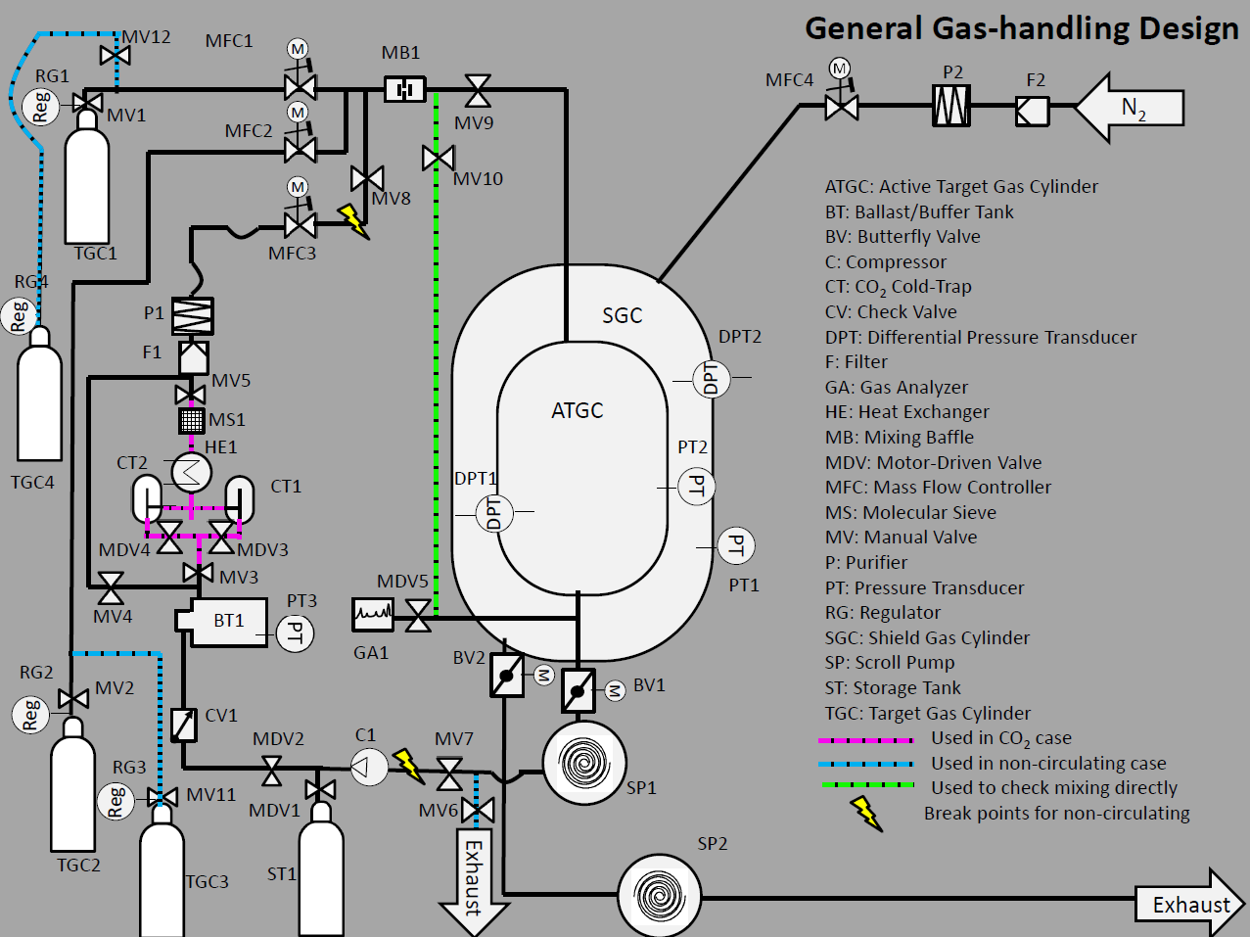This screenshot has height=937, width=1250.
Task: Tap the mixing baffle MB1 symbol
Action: [403, 90]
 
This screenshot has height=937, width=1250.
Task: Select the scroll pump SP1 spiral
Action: [584, 763]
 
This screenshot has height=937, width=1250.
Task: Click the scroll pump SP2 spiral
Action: [659, 894]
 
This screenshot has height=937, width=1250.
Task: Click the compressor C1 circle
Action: [370, 766]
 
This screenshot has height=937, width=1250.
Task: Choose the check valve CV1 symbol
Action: [183, 725]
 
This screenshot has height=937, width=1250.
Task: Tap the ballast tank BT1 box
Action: [227, 622]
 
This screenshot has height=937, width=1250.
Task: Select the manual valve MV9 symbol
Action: [478, 91]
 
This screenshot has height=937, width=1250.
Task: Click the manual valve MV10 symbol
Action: [438, 158]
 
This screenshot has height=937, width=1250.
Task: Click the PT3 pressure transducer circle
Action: [295, 634]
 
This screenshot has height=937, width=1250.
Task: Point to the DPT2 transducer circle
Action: [710, 378]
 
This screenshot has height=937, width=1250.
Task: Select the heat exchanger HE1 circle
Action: [191, 472]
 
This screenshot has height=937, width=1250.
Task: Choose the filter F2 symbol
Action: [1032, 112]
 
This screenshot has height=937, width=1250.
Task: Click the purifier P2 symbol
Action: [951, 105]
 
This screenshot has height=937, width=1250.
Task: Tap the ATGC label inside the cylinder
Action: [577, 410]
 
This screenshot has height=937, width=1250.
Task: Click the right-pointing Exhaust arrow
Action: [1190, 904]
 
